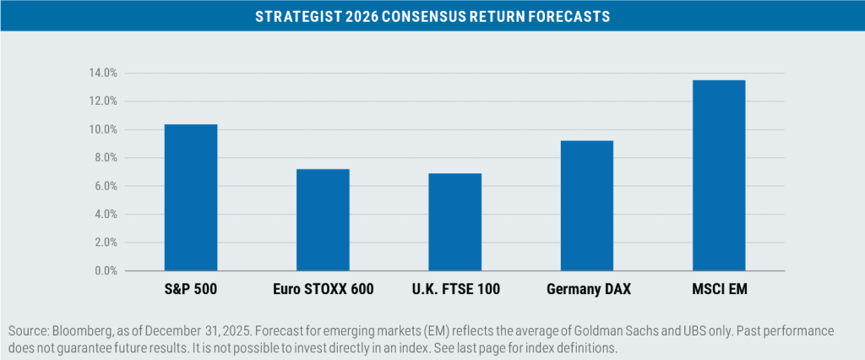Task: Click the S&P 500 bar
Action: [191, 198]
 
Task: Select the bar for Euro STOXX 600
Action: [323, 220]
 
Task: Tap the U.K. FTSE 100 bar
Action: [454, 222]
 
